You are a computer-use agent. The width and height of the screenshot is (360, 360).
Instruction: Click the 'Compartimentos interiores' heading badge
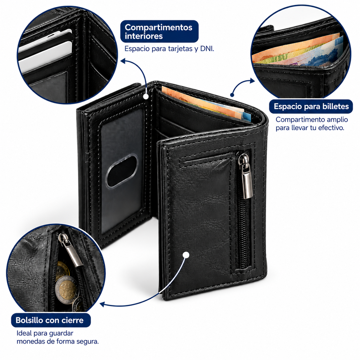tap(159, 31)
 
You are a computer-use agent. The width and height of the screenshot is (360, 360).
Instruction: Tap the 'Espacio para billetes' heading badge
tap(311, 106)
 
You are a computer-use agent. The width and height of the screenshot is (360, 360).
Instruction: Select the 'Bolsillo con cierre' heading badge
tap(51, 320)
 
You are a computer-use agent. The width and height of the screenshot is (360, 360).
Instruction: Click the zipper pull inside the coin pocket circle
tap(70, 249)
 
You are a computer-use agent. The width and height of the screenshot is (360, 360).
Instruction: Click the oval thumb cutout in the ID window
tap(121, 171)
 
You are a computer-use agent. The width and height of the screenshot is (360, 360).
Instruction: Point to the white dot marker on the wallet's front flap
tap(186, 255)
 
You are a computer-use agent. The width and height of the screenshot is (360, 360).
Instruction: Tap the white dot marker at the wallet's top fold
tap(146, 97)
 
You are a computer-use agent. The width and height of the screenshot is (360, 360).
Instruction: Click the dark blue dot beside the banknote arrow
tap(232, 95)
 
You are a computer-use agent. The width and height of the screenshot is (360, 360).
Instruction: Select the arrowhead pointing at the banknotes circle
tap(252, 81)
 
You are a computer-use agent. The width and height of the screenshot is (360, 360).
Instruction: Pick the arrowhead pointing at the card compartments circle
tap(124, 60)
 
